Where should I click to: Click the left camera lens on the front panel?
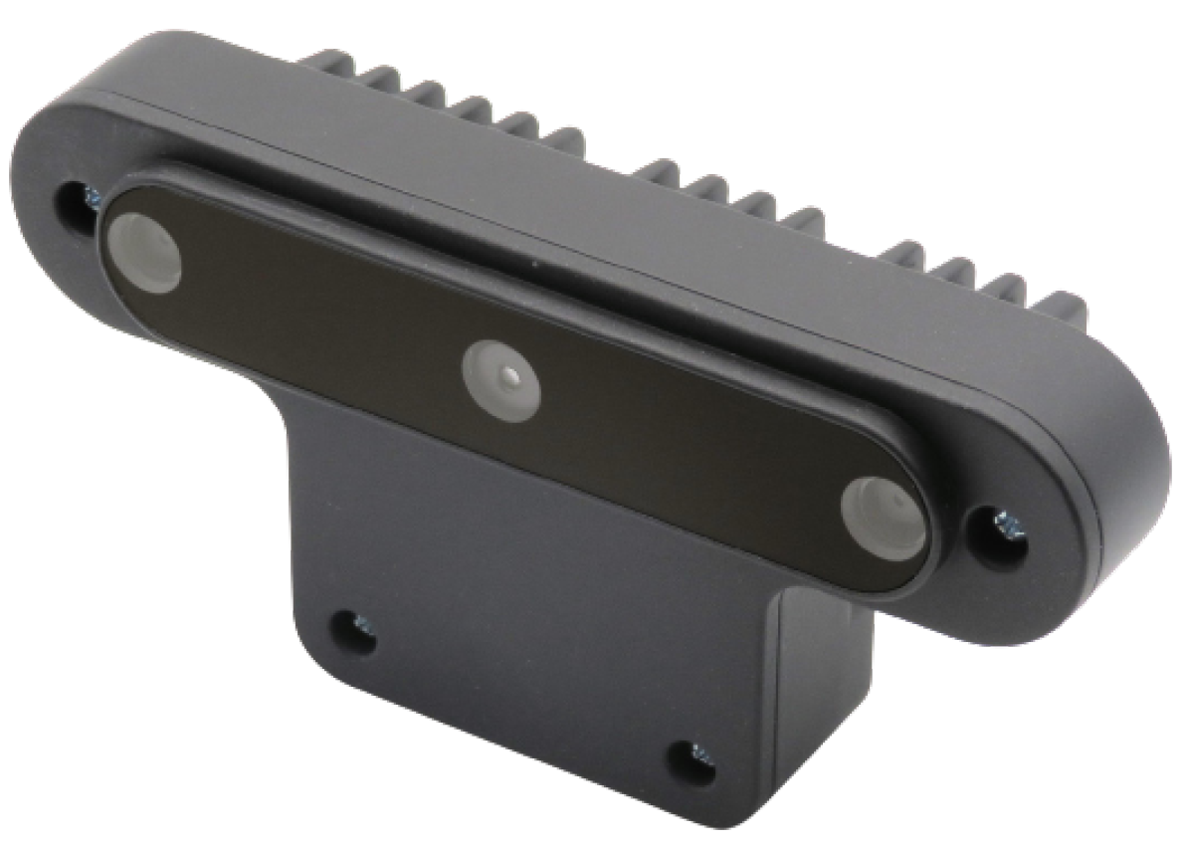point(144,253)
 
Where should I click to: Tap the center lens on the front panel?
point(501,380)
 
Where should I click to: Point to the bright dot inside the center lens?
point(510,377)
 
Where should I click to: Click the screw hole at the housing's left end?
point(76,203)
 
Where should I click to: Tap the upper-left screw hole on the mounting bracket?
point(351,630)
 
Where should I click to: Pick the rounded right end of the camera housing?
point(1124,478)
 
